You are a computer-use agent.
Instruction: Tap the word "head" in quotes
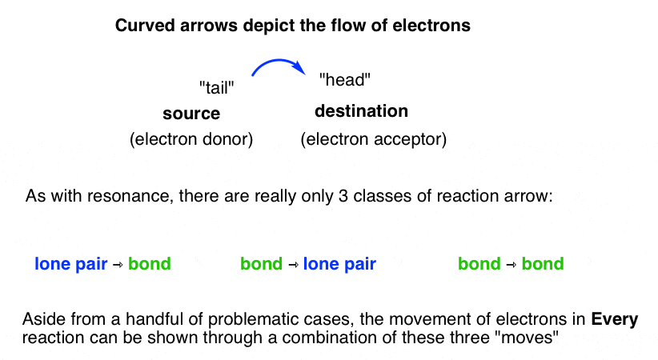click(x=345, y=80)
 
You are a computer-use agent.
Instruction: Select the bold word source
click(x=191, y=114)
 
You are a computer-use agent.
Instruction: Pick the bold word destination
click(x=361, y=111)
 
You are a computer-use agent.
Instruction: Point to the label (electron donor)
click(x=191, y=139)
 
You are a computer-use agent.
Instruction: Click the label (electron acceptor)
click(x=373, y=139)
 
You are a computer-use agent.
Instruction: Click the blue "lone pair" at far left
click(x=71, y=263)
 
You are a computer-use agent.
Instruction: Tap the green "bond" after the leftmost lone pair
click(x=150, y=263)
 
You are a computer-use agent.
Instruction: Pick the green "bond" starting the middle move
click(x=261, y=263)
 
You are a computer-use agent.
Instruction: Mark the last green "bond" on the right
click(x=543, y=263)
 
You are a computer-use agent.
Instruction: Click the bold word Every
click(x=615, y=320)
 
